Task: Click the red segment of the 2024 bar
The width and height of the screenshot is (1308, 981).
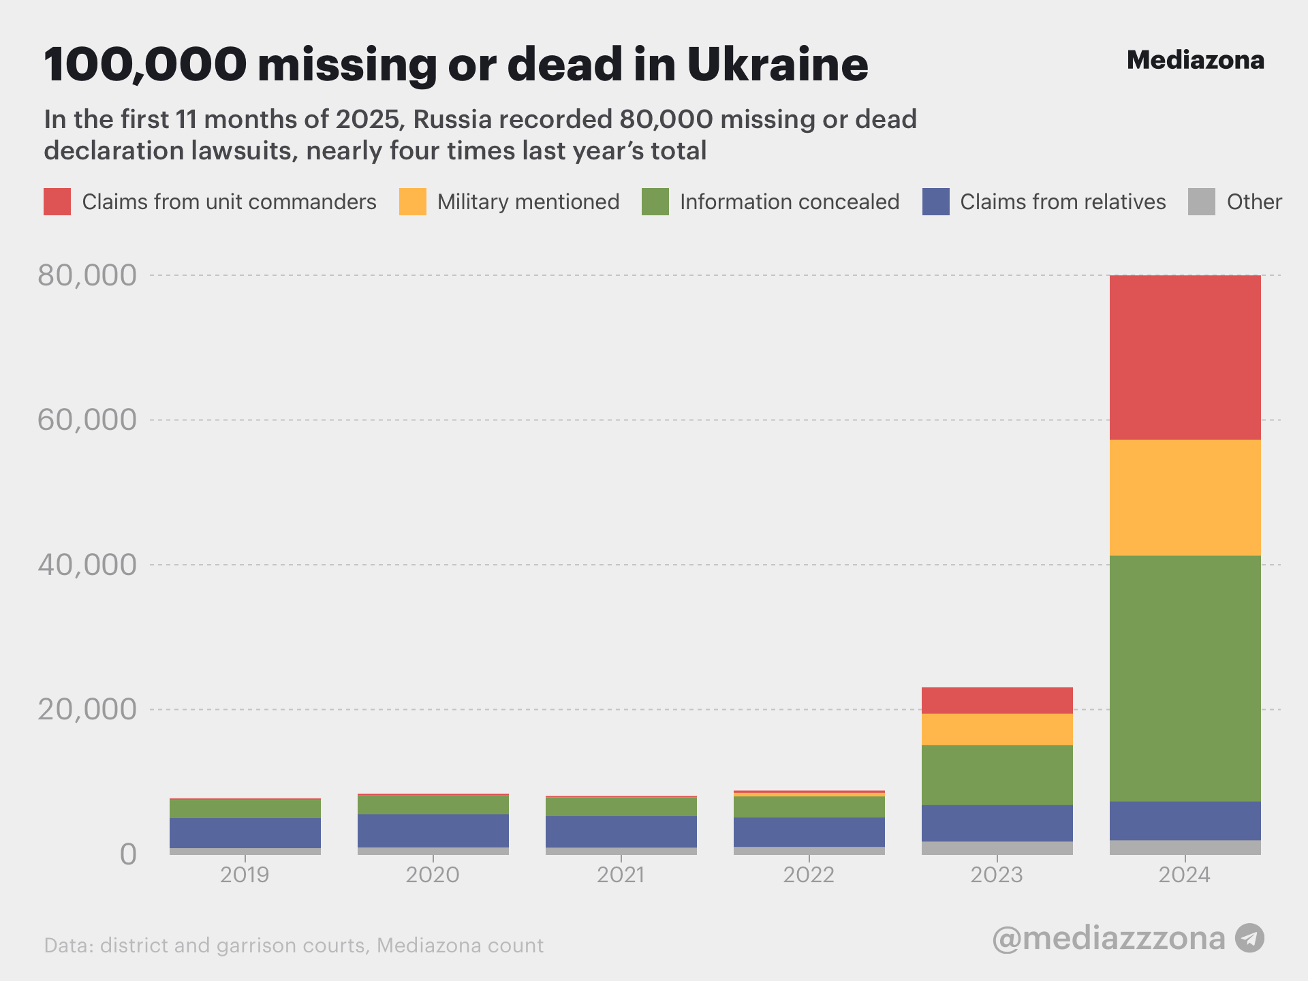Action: [1185, 357]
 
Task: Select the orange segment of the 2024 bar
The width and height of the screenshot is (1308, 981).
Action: [1185, 497]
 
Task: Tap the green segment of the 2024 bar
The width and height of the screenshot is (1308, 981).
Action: [1185, 678]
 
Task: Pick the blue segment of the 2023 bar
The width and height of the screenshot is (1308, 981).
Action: [997, 823]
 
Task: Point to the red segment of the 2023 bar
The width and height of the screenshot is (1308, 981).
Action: [997, 700]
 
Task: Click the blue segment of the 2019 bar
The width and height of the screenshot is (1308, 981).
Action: [245, 832]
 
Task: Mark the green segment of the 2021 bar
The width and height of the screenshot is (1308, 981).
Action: [621, 807]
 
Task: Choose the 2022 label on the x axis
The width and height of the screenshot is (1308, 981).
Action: [809, 875]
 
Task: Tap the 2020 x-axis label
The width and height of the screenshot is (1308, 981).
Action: [433, 875]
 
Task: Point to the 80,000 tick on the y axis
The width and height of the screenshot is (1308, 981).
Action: [87, 275]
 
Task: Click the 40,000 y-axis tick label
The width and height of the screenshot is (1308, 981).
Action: [87, 565]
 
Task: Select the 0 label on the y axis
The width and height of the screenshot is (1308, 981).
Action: [128, 854]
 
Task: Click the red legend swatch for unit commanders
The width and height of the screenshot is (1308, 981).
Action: [57, 202]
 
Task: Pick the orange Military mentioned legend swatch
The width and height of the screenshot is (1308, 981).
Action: [412, 202]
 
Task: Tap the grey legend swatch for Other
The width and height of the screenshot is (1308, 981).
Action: [1201, 202]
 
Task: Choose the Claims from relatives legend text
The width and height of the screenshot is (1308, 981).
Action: [1063, 202]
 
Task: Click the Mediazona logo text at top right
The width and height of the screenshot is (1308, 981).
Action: [1195, 60]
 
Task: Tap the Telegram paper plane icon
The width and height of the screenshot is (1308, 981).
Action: [1249, 938]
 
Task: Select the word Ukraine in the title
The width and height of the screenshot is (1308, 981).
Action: [777, 64]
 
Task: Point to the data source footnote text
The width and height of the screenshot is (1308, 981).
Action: [294, 946]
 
